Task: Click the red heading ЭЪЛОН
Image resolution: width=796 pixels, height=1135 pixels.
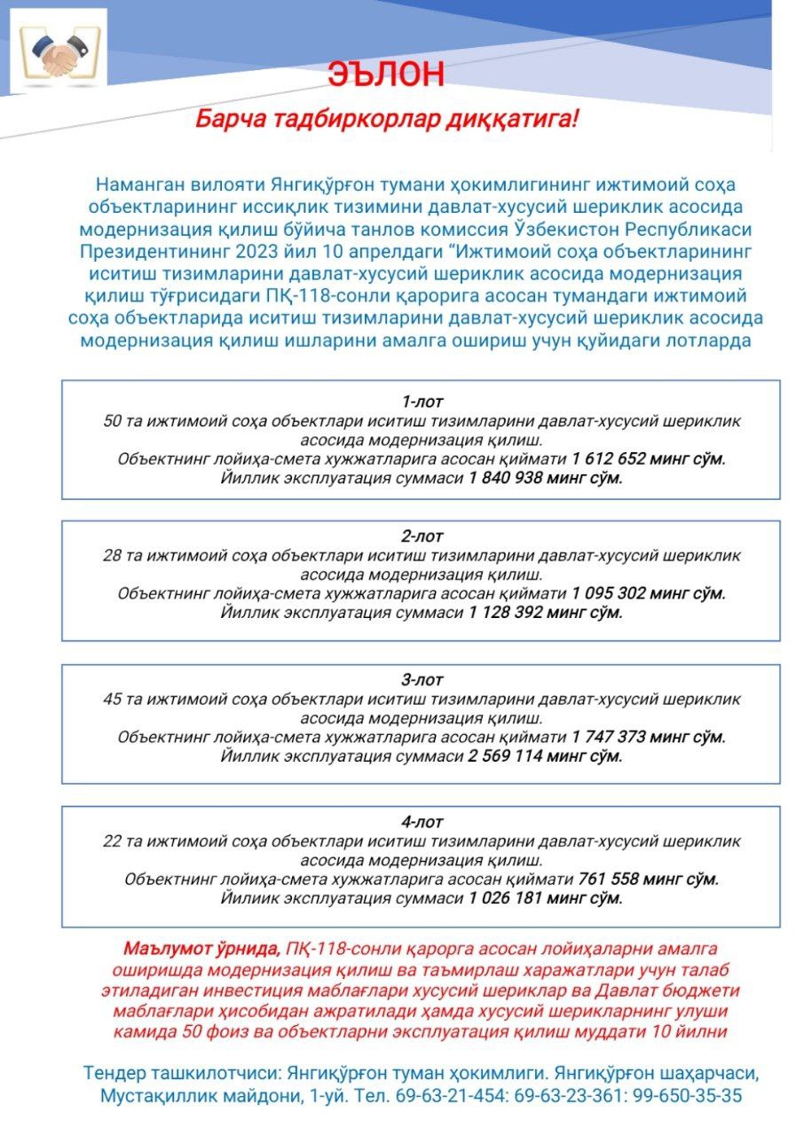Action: coord(385,74)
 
